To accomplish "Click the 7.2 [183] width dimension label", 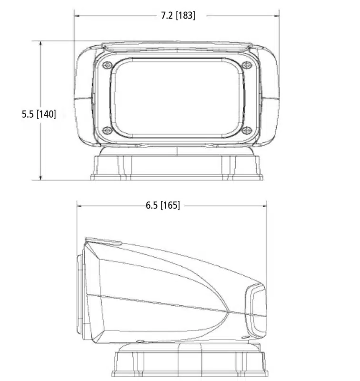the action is pyautogui.click(x=178, y=16).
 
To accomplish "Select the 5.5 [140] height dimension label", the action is pyautogui.click(x=39, y=114).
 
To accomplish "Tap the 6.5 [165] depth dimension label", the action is pyautogui.click(x=163, y=205).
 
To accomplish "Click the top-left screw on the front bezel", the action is pyautogui.click(x=107, y=65).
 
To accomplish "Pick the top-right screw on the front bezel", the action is pyautogui.click(x=247, y=65).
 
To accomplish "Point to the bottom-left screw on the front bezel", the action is pyautogui.click(x=107, y=130).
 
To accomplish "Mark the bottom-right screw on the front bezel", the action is pyautogui.click(x=247, y=130).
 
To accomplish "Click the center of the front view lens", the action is pyautogui.click(x=177, y=98).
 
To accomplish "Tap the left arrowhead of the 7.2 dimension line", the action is pyautogui.click(x=77, y=16).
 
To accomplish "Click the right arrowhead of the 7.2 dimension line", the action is pyautogui.click(x=277, y=16).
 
